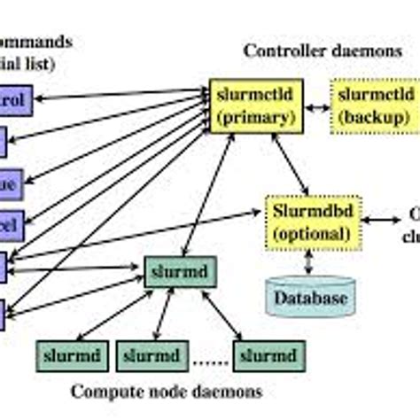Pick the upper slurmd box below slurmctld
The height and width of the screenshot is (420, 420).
(182, 268)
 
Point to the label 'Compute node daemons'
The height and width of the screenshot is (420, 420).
(167, 390)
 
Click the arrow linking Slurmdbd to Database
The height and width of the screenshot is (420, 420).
(309, 262)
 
